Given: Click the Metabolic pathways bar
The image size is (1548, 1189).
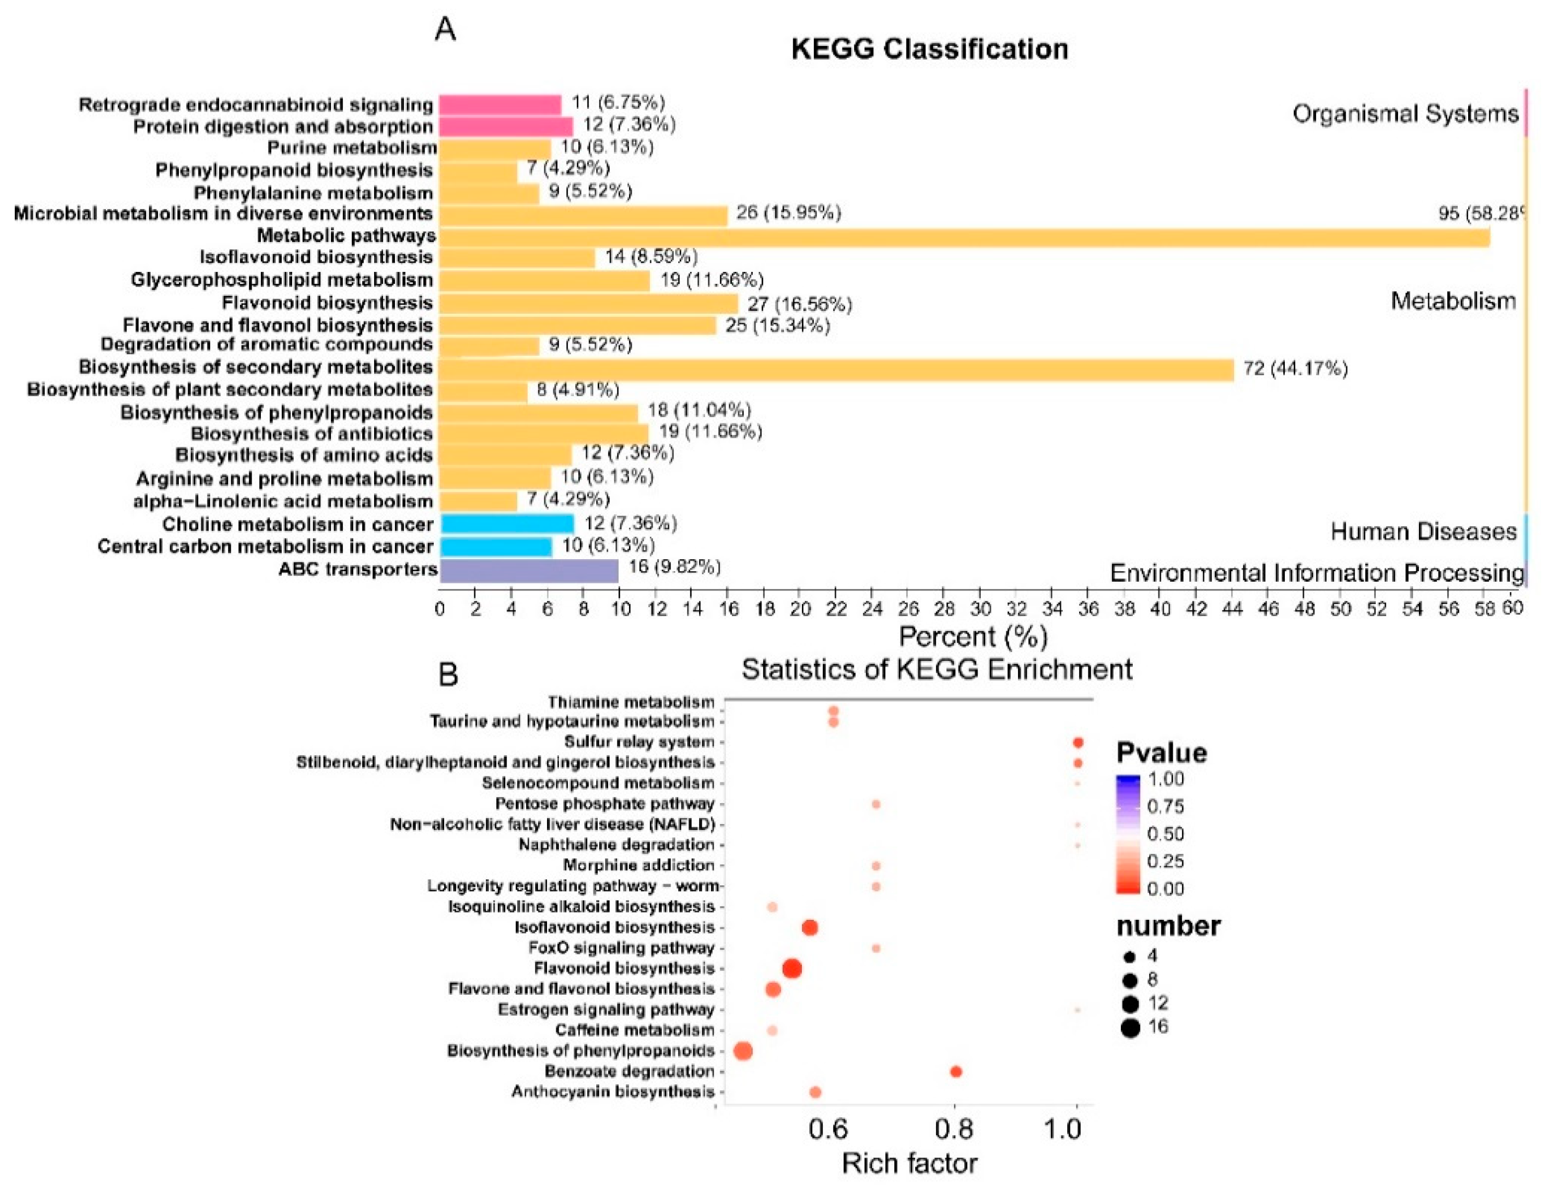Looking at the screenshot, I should (x=962, y=238).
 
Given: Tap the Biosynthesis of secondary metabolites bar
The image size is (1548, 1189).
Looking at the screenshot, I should (x=835, y=369).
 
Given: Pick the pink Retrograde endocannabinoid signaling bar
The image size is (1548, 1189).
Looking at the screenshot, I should (x=499, y=105).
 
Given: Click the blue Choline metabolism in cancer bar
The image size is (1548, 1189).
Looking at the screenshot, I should (x=507, y=524).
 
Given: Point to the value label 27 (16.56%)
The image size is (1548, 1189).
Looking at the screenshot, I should (x=800, y=304).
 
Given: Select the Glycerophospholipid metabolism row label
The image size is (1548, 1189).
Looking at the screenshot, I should (x=282, y=280).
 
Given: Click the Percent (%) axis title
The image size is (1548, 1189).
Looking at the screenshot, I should (x=972, y=636).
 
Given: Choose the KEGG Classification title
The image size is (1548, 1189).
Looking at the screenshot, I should (x=929, y=49).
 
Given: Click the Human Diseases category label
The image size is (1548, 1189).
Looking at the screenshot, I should (x=1423, y=531).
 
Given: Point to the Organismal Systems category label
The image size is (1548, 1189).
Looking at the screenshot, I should (x=1404, y=114).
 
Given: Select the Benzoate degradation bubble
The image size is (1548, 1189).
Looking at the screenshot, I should (x=956, y=1071).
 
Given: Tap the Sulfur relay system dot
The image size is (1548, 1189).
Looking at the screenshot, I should (x=1078, y=743).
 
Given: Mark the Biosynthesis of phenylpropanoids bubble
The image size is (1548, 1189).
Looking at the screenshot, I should (x=743, y=1051).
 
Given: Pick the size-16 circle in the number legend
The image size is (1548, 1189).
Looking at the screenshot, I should (x=1130, y=1028).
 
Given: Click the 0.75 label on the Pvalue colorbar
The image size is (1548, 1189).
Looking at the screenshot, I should (x=1165, y=806).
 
